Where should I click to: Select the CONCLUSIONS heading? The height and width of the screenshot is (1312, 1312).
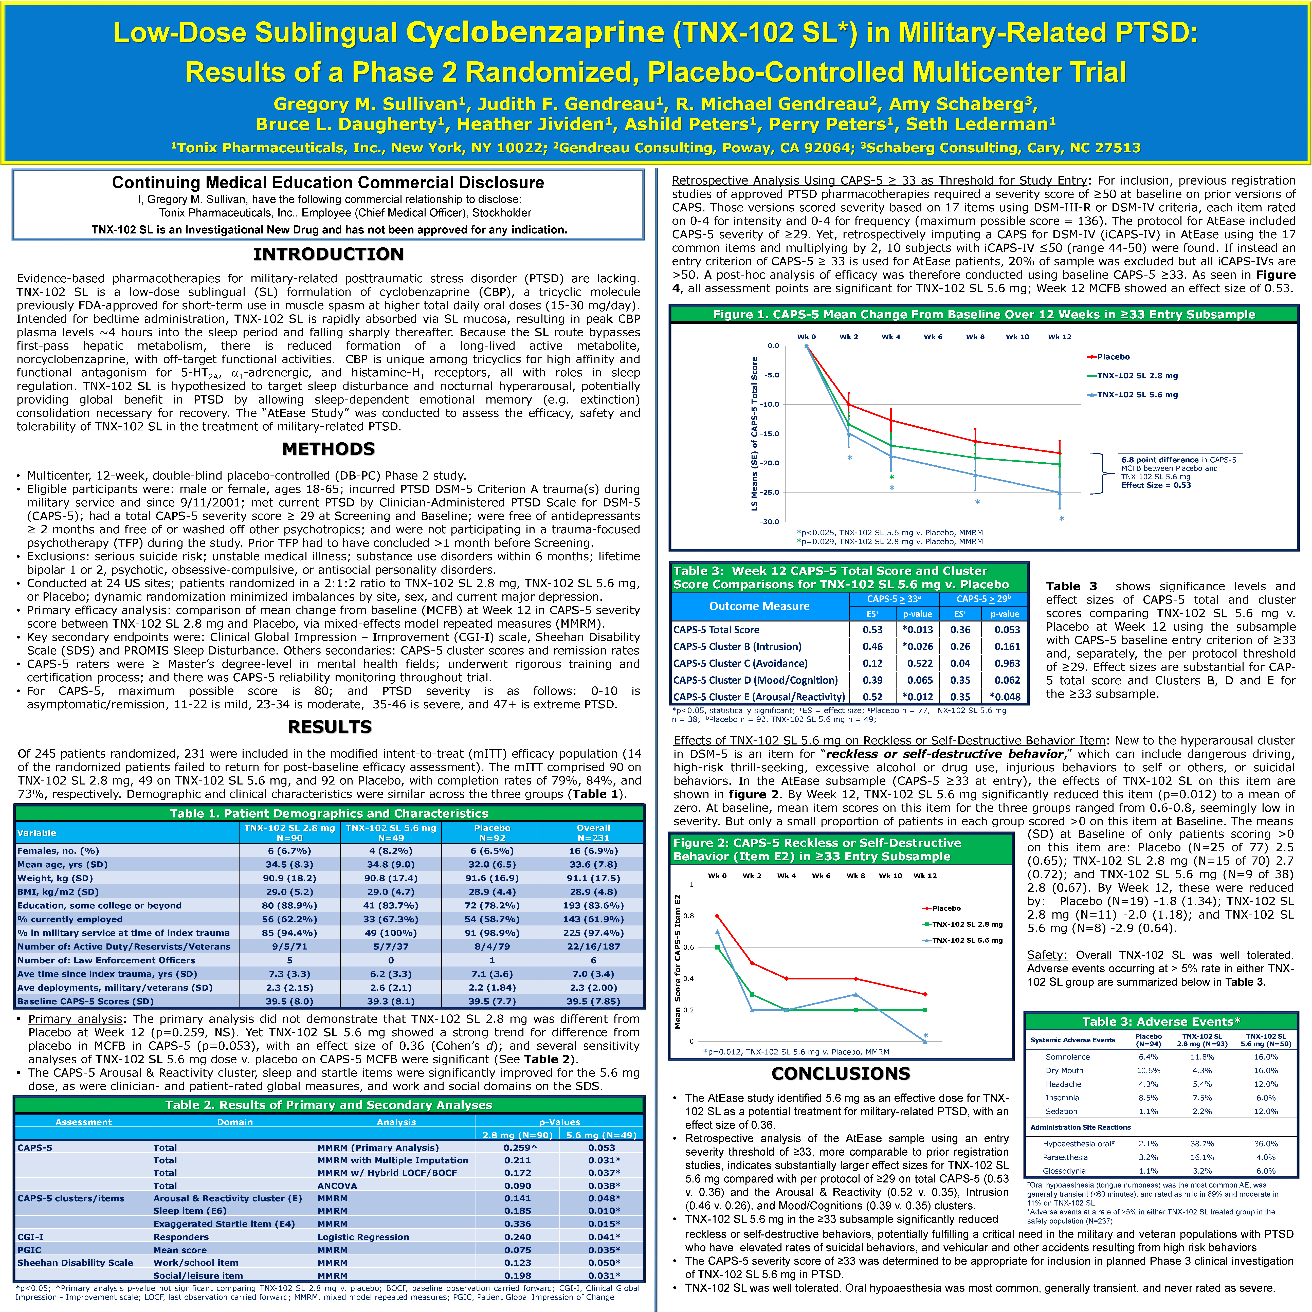click(841, 1074)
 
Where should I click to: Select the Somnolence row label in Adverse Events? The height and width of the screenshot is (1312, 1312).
click(1068, 1057)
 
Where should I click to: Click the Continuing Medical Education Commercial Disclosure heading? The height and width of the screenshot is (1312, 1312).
click(328, 183)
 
